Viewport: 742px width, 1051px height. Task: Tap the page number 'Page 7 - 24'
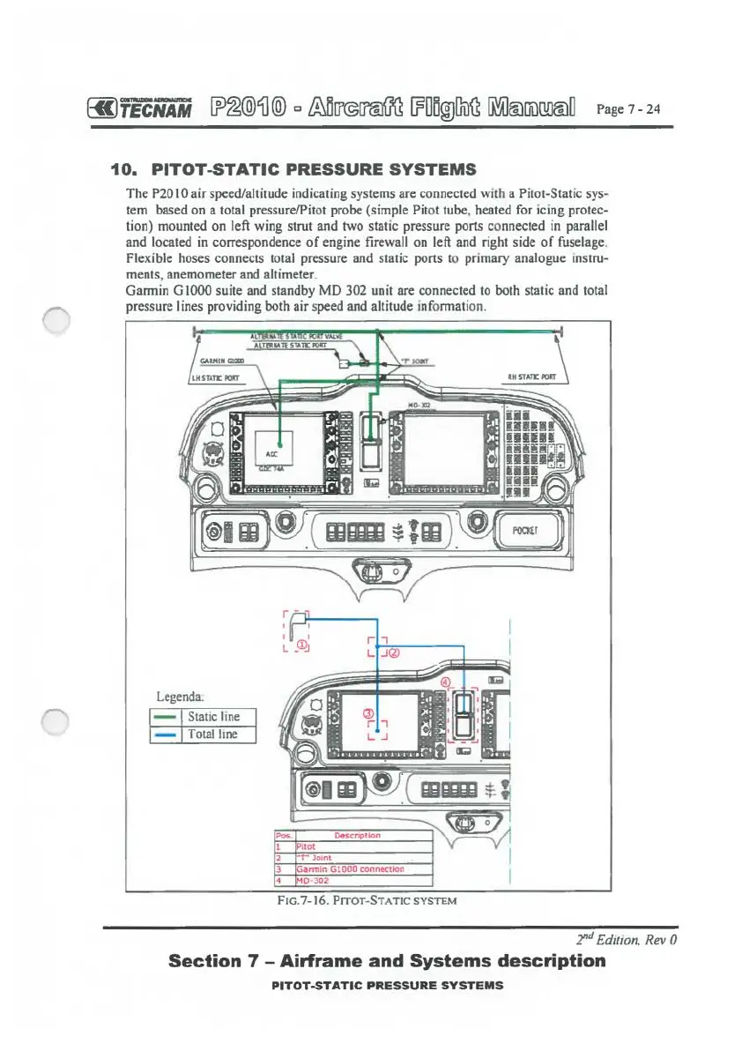click(628, 109)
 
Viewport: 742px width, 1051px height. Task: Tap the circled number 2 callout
click(394, 653)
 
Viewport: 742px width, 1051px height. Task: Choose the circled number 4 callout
click(445, 682)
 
